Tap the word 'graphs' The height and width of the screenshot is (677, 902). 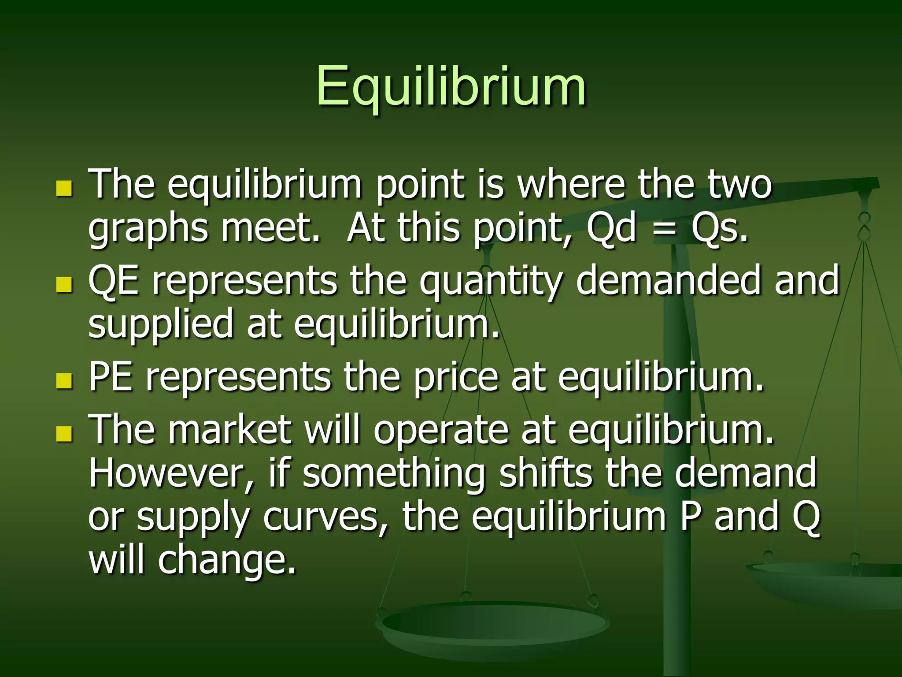click(x=148, y=231)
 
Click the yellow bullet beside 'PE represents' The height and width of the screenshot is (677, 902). click(x=64, y=380)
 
